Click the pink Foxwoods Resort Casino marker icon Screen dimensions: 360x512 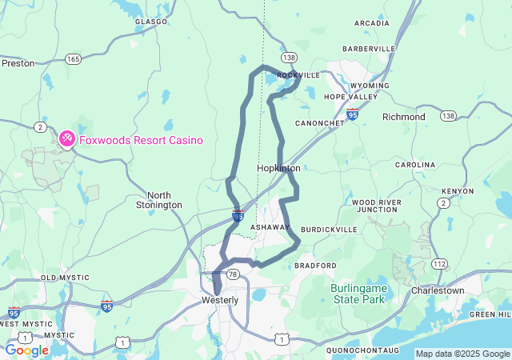point(66,139)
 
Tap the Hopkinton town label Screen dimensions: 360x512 point(278,169)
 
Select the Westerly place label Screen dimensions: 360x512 point(219,300)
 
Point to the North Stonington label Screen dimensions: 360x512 point(164,200)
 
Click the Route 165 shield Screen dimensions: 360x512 point(74,58)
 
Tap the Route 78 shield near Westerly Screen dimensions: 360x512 point(233,274)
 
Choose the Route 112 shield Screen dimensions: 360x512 point(439,264)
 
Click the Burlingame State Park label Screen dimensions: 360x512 point(358,293)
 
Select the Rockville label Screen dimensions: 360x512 point(298,75)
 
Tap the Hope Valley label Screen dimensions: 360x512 point(350,97)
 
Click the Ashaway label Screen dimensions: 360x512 point(270,228)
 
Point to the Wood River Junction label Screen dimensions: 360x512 point(375,206)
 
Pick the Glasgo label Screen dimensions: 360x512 point(152,22)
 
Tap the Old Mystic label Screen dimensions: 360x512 point(60,278)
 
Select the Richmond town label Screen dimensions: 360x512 point(404,117)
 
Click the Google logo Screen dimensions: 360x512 point(26,350)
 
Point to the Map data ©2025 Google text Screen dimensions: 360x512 point(462,354)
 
